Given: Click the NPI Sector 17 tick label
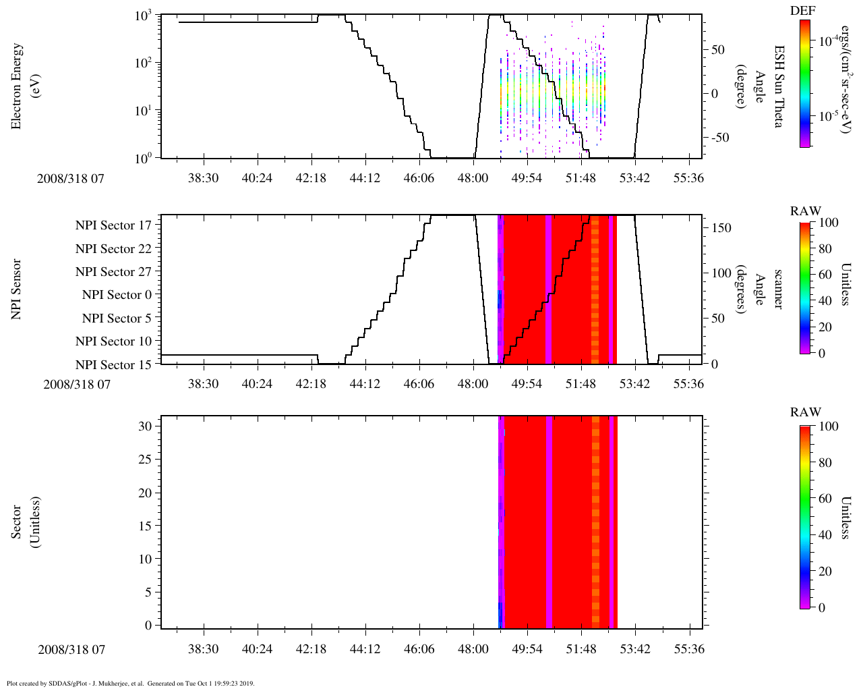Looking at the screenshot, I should pyautogui.click(x=113, y=225).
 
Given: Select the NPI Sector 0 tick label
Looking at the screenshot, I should pyautogui.click(x=117, y=295).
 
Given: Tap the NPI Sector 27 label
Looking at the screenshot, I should pyautogui.click(x=113, y=272).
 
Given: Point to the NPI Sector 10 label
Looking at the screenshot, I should pyautogui.click(x=113, y=341).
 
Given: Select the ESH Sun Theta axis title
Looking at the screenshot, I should pyautogui.click(x=779, y=86).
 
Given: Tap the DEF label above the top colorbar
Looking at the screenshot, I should pyautogui.click(x=803, y=10).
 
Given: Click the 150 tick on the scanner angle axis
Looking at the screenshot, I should pyautogui.click(x=722, y=228).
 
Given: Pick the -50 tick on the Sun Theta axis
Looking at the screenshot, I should pyautogui.click(x=718, y=138).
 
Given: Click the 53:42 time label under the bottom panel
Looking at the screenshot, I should pyautogui.click(x=634, y=648).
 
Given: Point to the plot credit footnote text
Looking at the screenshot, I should pyautogui.click(x=130, y=684).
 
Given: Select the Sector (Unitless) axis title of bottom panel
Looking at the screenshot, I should pyautogui.click(x=24, y=522).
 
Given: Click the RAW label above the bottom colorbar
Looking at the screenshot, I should pyautogui.click(x=806, y=412).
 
